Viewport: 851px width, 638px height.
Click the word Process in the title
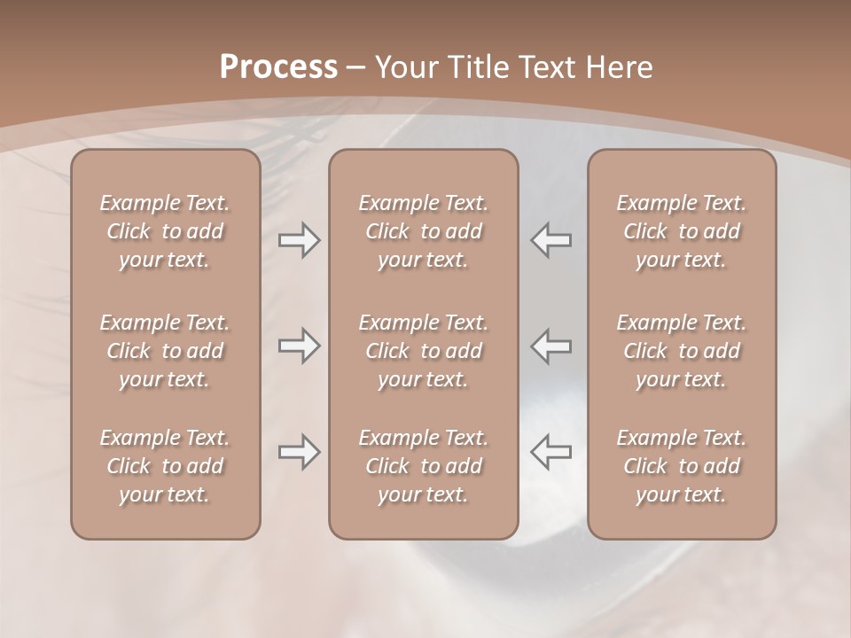tap(278, 67)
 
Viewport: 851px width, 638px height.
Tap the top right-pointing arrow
tap(299, 240)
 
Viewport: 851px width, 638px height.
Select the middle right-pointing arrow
tap(299, 346)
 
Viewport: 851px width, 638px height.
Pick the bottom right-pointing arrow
tap(299, 452)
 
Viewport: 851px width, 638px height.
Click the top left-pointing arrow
tap(550, 240)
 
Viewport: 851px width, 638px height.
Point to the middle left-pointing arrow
tap(550, 346)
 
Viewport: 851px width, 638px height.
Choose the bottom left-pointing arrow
tap(550, 452)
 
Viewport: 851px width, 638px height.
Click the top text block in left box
tap(165, 231)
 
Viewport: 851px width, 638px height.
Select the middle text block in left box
tap(165, 351)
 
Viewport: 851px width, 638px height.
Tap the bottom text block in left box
tap(165, 466)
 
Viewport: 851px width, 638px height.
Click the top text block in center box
tap(423, 231)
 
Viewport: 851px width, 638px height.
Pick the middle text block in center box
tap(423, 351)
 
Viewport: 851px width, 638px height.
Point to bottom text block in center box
tap(423, 466)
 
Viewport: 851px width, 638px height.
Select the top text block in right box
tap(681, 231)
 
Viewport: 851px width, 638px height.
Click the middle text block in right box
tap(681, 351)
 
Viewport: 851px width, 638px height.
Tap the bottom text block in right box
tap(681, 466)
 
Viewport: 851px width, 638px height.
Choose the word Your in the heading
tap(404, 67)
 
